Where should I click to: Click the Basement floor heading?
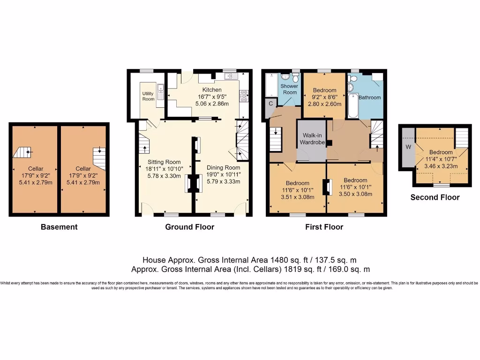59,227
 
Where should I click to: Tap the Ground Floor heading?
189,227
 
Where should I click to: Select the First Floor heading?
324,227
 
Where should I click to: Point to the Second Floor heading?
435,197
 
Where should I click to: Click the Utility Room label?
148,96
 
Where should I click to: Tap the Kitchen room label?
212,90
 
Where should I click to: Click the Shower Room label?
289,89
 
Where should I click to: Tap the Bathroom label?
370,97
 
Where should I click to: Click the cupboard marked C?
271,104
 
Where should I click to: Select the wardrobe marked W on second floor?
408,147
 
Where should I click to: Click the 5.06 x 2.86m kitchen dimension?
212,105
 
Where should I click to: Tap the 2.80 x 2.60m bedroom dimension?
324,105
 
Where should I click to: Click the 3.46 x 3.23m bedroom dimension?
441,165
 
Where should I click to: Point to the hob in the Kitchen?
244,97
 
